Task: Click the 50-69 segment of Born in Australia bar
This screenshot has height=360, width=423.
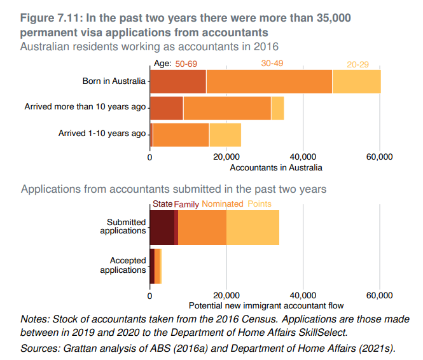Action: (x=178, y=81)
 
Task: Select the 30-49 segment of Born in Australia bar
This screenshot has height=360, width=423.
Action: (x=269, y=81)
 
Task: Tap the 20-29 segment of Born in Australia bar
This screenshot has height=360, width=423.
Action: (x=356, y=81)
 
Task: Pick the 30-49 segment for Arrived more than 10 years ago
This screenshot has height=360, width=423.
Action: (x=227, y=107)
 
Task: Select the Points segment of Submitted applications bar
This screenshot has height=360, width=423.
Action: (x=253, y=226)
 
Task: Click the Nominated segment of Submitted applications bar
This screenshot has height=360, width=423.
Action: (x=202, y=226)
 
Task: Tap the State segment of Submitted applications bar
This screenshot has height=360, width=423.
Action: (x=162, y=226)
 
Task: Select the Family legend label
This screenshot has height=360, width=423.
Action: (x=186, y=204)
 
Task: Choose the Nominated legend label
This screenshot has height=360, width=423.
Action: (x=222, y=204)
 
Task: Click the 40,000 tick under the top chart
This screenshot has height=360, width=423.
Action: (x=303, y=157)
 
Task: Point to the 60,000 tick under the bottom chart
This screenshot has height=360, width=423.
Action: (x=380, y=295)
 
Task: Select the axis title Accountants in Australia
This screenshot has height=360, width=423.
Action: (x=276, y=168)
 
